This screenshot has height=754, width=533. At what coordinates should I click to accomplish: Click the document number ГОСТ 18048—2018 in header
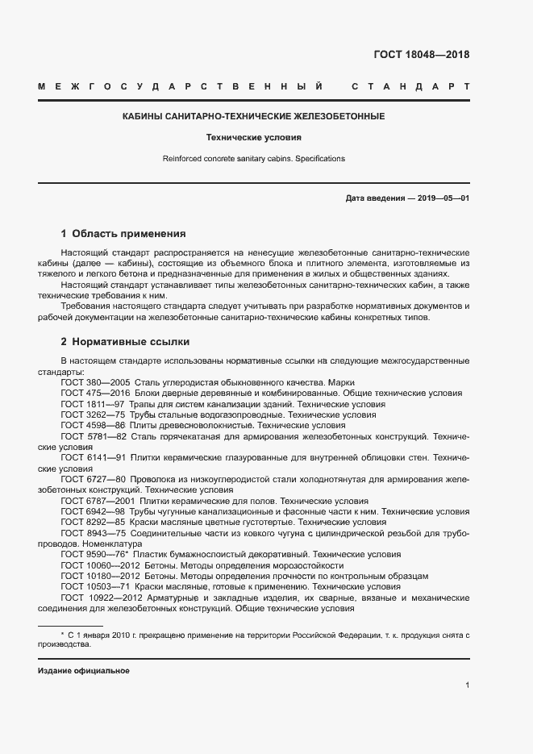click(421, 56)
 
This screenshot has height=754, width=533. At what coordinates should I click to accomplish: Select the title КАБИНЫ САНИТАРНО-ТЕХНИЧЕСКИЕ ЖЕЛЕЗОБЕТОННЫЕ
click(253, 117)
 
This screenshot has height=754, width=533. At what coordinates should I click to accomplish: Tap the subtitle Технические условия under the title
click(253, 138)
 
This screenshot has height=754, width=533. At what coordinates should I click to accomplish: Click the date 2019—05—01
click(443, 198)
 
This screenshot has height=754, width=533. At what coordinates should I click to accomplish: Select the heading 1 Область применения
click(123, 235)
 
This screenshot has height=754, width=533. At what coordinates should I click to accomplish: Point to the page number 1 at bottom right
click(467, 685)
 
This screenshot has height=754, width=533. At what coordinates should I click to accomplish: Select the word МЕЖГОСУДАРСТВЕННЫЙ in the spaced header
click(181, 86)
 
